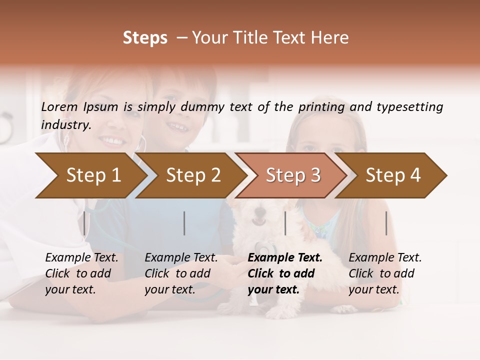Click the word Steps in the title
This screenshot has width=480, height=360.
click(145, 38)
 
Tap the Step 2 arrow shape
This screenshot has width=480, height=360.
click(192, 175)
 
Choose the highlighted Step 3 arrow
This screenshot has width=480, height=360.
click(292, 175)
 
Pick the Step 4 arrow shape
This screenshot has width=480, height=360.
click(392, 175)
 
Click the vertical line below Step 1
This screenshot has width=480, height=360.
click(84, 223)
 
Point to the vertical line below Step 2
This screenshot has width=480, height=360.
click(184, 223)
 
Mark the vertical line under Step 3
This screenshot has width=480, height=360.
click(285, 223)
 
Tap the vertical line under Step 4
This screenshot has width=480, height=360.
click(386, 223)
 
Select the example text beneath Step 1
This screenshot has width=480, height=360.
click(81, 273)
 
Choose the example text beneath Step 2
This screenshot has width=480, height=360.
click(181, 273)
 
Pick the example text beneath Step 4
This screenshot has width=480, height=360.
click(385, 273)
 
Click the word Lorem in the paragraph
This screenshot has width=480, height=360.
click(59, 106)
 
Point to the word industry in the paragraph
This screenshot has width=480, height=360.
click(66, 124)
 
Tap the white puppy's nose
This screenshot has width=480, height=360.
click(259, 221)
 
